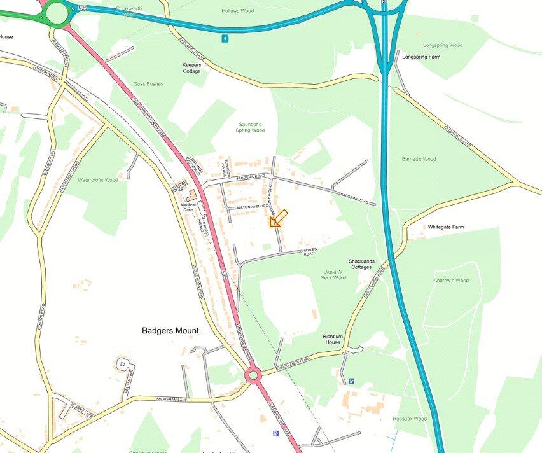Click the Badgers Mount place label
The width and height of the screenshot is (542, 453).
tap(170, 331)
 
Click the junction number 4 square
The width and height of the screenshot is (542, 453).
tap(225, 39)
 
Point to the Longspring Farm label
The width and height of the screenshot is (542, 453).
tap(421, 57)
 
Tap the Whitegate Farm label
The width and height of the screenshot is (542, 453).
tap(446, 227)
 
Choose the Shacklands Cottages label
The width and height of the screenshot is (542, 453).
tap(361, 264)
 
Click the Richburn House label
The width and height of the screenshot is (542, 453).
tap(332, 338)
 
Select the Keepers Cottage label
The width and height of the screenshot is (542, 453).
tap(191, 67)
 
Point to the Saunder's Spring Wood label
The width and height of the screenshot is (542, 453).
tap(251, 127)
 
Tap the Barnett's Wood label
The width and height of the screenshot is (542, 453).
tap(419, 159)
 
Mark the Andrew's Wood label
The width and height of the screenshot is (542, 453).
tap(451, 281)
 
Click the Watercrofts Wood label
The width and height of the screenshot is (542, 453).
tap(97, 180)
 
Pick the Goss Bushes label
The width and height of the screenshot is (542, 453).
tap(148, 84)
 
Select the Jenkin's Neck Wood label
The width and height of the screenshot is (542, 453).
tap(333, 275)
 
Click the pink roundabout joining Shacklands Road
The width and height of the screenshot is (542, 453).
tap(253, 375)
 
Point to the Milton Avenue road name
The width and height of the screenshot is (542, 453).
tap(250, 207)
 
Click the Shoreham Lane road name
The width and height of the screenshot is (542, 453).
tap(171, 399)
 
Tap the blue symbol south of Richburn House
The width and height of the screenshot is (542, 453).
tap(351, 381)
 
